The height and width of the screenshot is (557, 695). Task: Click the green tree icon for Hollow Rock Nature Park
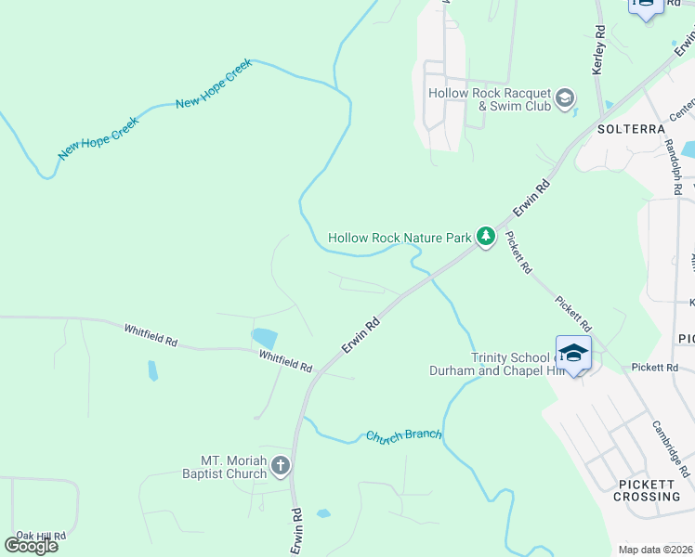point(485,238)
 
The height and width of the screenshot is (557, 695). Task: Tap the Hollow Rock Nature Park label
point(400,238)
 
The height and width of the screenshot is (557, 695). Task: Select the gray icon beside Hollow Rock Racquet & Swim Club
point(564,98)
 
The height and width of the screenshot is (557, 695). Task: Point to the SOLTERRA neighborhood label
point(632,128)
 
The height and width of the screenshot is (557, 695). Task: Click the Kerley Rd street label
point(599,51)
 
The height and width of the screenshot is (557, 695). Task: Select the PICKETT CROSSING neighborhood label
point(647,490)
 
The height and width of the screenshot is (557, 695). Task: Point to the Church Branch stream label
point(404,434)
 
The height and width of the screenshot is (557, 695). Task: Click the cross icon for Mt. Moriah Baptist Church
point(281,467)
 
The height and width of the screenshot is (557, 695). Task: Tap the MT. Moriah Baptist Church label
point(234,467)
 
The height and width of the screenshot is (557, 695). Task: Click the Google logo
point(31,545)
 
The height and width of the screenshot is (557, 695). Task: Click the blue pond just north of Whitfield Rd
point(264,338)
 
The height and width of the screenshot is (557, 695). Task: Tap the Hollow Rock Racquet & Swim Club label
point(489,99)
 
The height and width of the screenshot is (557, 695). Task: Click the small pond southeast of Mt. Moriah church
point(322,512)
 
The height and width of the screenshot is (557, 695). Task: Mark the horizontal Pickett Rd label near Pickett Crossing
point(655,368)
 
